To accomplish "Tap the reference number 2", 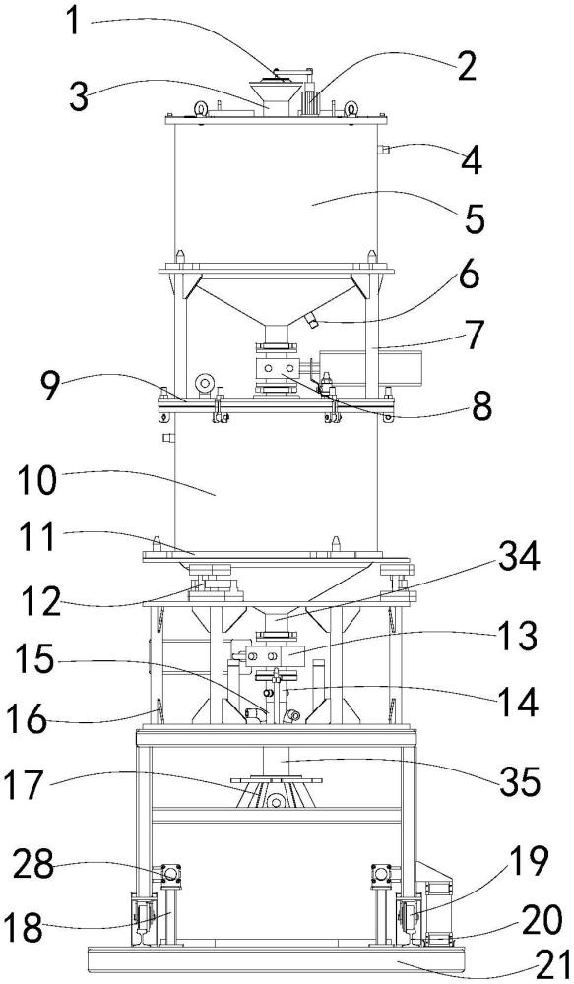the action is [x=465, y=67].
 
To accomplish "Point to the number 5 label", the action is [x=474, y=216].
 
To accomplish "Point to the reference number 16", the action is [x=27, y=718].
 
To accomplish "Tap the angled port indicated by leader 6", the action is [x=311, y=322].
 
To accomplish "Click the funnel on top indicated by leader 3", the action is [x=276, y=96].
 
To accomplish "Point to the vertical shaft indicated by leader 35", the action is [x=277, y=762].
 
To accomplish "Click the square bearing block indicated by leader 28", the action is [x=170, y=873].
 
